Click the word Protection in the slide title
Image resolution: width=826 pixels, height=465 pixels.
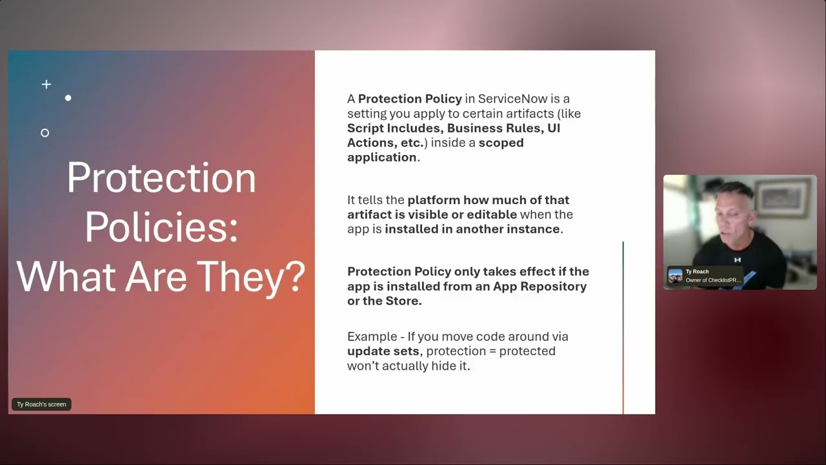click(161, 178)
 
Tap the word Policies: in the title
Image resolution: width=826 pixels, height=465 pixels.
click(161, 227)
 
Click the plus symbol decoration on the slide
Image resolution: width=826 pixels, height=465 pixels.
click(46, 84)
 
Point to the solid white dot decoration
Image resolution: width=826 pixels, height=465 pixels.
click(68, 98)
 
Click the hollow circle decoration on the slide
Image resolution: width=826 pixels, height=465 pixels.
click(45, 133)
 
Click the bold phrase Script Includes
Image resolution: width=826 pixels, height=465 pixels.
click(394, 128)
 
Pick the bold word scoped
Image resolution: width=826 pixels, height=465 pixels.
click(501, 143)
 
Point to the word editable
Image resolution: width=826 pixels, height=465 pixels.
click(492, 214)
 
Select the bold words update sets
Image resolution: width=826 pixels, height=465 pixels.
click(383, 351)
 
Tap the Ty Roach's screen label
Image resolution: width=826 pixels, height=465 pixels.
click(41, 404)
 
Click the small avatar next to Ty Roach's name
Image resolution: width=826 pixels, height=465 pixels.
click(676, 276)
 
